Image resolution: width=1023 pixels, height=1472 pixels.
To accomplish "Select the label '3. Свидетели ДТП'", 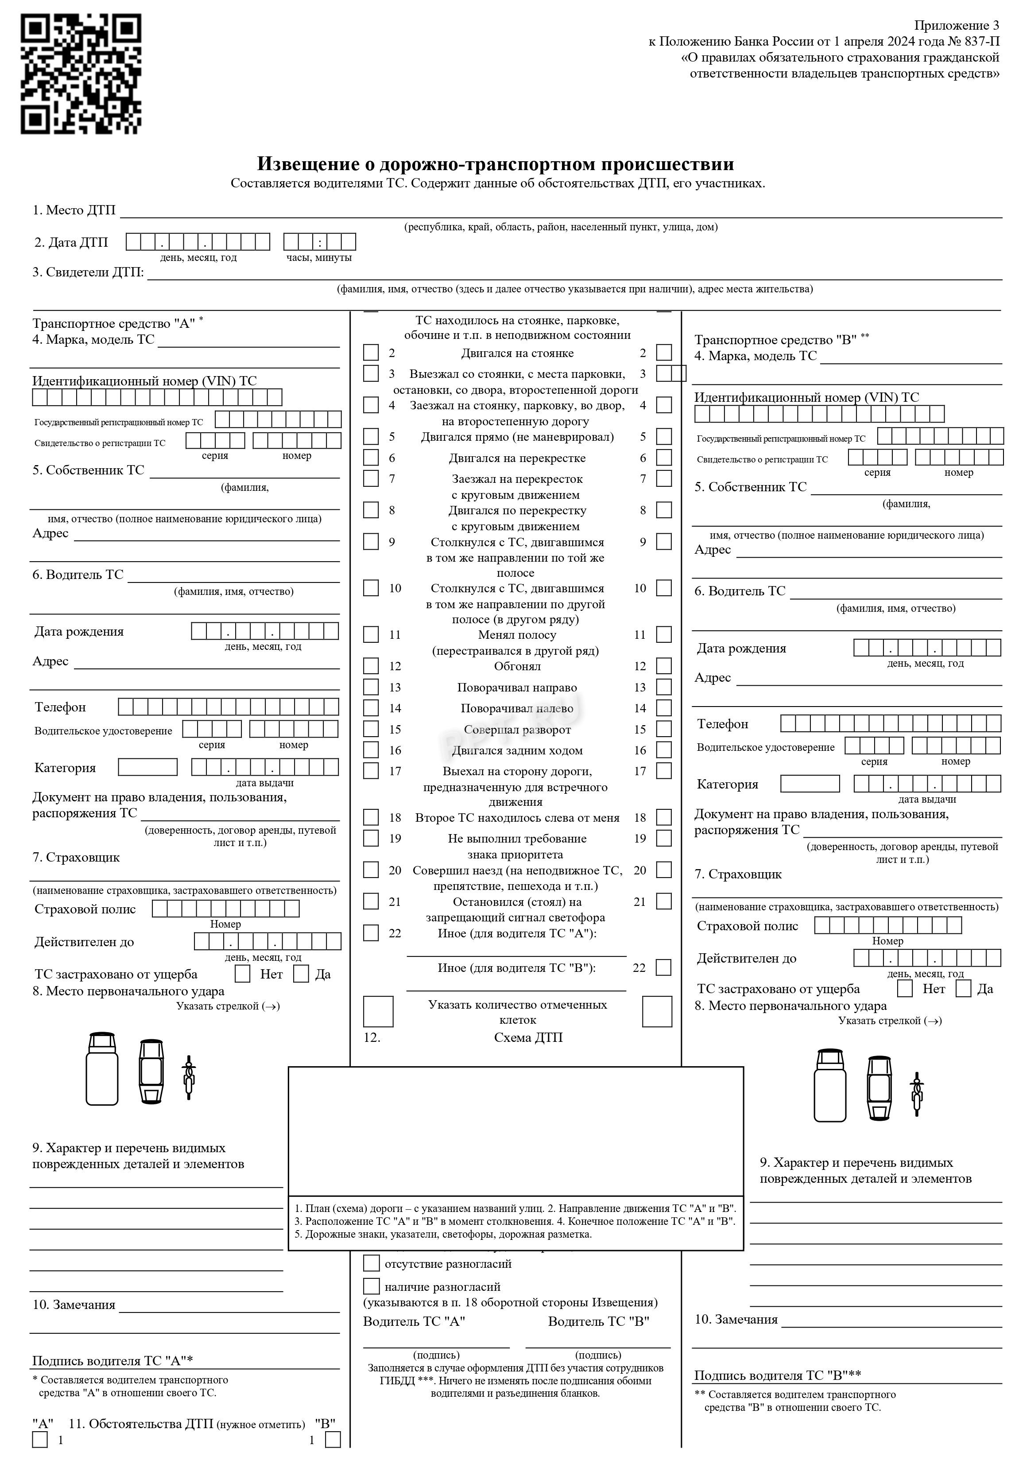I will (88, 272).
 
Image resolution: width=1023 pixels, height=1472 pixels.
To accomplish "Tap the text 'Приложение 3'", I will (956, 26).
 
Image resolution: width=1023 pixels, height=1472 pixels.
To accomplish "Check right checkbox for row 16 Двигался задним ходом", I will (664, 750).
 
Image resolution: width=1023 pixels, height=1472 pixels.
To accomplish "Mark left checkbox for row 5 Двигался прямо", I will (371, 437).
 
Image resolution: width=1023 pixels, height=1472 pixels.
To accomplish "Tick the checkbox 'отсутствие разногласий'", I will (371, 1263).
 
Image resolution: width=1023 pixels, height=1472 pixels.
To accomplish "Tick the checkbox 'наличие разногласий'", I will (371, 1286).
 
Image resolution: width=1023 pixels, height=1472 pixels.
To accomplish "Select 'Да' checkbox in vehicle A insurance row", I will (301, 974).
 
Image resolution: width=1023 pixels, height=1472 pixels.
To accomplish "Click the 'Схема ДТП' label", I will (528, 1038).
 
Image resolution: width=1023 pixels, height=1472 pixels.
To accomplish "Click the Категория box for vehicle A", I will (147, 767).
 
